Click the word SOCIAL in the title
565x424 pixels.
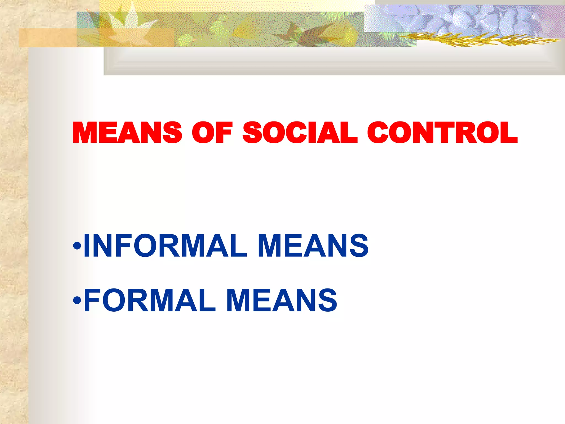(x=300, y=133)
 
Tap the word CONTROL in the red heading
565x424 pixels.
(x=442, y=133)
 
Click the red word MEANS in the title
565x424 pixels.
(x=127, y=133)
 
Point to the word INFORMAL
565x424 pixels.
(x=165, y=245)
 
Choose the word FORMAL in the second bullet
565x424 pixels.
(x=149, y=300)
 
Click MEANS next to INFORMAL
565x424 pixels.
(x=313, y=245)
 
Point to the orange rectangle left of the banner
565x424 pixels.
(x=47, y=38)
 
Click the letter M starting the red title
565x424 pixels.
(x=84, y=133)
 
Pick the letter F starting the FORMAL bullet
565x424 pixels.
(x=92, y=300)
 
